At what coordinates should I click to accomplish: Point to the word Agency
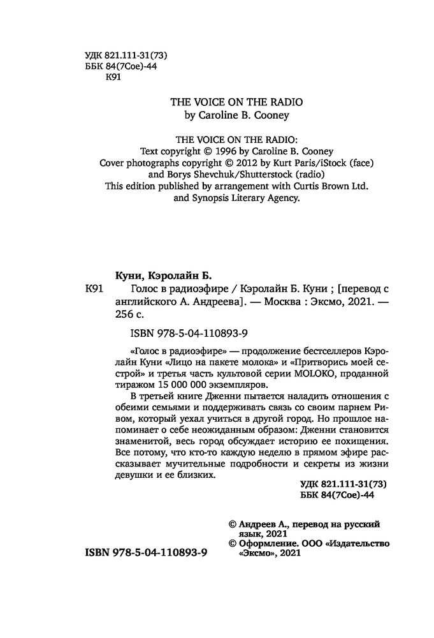283,198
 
